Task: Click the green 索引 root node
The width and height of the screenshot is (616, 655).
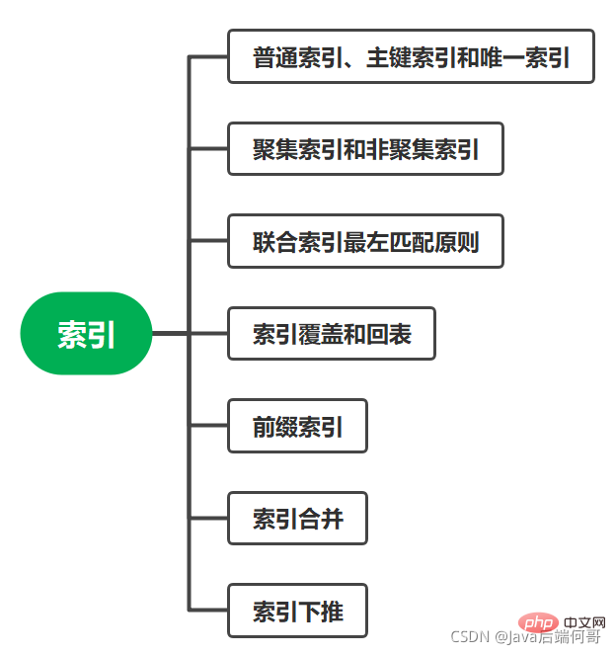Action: point(86,334)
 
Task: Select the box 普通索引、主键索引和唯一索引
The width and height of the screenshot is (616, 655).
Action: point(411,56)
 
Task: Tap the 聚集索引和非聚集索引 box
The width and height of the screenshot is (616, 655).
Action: point(365,149)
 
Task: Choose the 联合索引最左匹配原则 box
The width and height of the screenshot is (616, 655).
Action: point(365,241)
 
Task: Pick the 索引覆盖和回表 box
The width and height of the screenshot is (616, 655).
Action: point(331,334)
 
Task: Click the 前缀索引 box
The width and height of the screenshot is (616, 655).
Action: point(297,426)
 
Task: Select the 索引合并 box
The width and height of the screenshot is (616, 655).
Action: point(297,518)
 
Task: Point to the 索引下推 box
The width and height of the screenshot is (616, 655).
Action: point(297,611)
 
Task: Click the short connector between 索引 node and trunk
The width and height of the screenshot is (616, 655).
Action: point(170,334)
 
